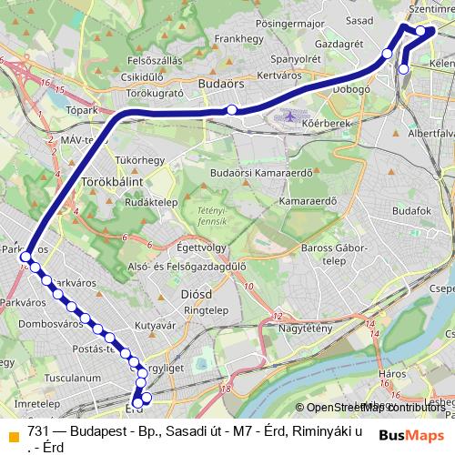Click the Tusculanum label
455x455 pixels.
click(x=46, y=377)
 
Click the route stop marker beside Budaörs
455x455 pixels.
click(x=232, y=110)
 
